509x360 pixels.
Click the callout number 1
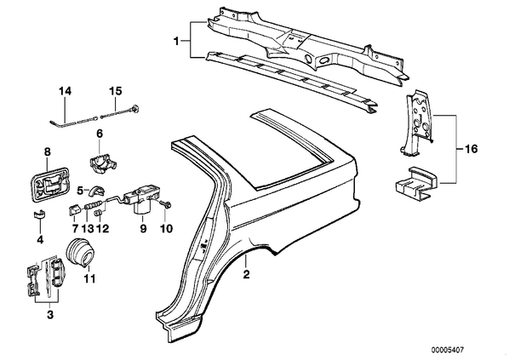pyautogui.click(x=176, y=42)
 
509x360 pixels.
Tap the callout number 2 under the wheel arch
pyautogui.click(x=246, y=274)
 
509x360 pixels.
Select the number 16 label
pyautogui.click(x=471, y=149)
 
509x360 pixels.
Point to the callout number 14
pyautogui.click(x=65, y=91)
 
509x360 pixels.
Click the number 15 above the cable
pyautogui.click(x=115, y=91)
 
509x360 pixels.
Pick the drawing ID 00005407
pyautogui.click(x=448, y=350)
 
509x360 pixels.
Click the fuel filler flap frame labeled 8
pyautogui.click(x=50, y=185)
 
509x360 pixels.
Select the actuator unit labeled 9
pyautogui.click(x=142, y=199)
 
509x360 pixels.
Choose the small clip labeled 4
pyautogui.click(x=40, y=214)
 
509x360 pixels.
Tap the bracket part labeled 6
pyautogui.click(x=102, y=161)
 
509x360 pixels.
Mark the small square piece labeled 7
pyautogui.click(x=75, y=209)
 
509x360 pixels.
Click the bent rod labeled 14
pyautogui.click(x=73, y=123)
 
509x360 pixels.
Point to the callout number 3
pyautogui.click(x=50, y=315)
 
